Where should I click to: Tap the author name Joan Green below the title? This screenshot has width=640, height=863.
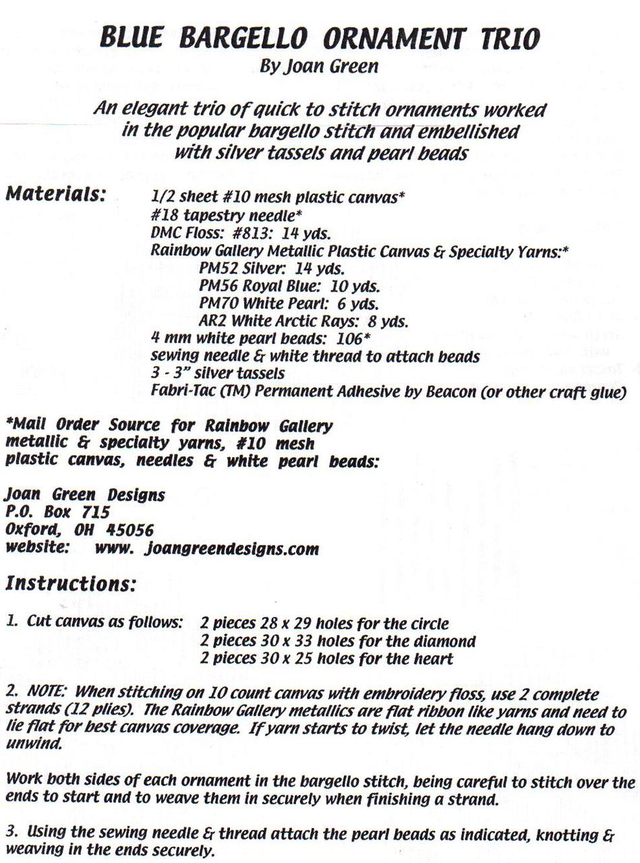[x=328, y=66]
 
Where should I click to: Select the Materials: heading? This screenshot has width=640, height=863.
[x=55, y=195]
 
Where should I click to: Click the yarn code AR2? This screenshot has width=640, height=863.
[x=212, y=321]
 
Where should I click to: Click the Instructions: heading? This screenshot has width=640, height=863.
[x=71, y=583]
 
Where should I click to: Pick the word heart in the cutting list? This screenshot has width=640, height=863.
[x=434, y=659]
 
